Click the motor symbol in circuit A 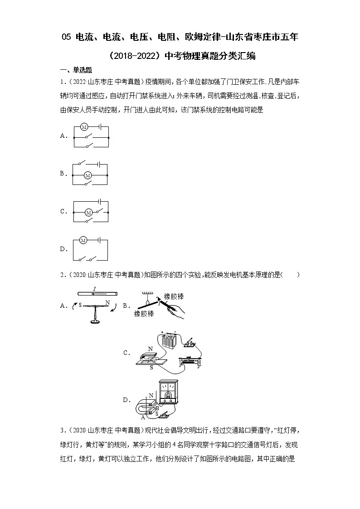coord(84,127)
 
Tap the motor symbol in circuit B coord(88,175)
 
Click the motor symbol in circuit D coord(83,240)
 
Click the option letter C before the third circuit coord(63,212)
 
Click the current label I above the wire coord(94,289)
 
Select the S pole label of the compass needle coord(80,305)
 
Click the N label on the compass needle coord(107,302)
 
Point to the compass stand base coord(94,322)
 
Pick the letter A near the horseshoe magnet coord(144,417)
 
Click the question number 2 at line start coord(62,275)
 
